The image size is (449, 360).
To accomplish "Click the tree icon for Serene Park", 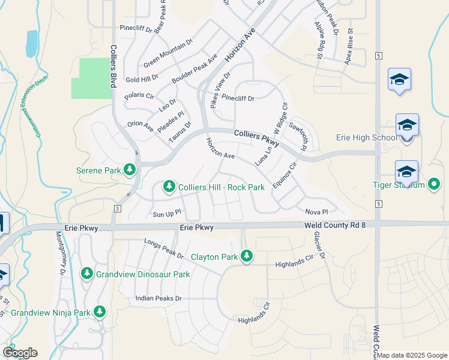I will coord(130,170).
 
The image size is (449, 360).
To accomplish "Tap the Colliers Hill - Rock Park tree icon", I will coord(169,187).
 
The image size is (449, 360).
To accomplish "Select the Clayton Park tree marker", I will coord(246,257).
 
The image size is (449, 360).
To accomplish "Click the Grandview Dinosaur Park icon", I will coord(87,274).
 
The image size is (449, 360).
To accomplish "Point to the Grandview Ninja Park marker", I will coord(99,312).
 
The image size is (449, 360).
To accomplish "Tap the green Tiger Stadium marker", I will coord(434,184).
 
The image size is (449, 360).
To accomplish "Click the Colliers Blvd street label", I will coord(112,67).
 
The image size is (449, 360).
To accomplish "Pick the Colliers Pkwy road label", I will coord(257,138).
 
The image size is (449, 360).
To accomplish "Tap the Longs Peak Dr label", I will coord(164,248).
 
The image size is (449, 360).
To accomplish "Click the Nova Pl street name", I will coord(316,212).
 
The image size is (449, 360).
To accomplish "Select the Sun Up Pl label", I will coord(167,214).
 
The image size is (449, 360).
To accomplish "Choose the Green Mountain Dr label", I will coord(167,53).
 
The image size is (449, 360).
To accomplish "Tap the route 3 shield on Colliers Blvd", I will coord(118,208).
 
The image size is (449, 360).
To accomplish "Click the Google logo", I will coord(20,353).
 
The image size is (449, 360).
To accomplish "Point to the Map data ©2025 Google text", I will coord(412,355).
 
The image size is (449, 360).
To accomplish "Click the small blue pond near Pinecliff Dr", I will coord(31,43).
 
